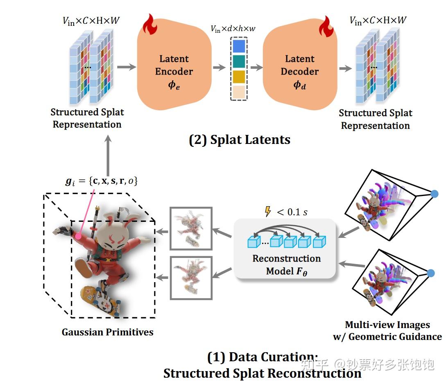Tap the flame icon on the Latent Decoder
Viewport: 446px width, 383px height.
(x=326, y=27)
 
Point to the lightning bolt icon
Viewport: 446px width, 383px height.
(x=268, y=212)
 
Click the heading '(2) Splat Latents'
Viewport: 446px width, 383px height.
(x=240, y=140)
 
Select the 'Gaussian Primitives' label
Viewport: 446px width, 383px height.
(x=107, y=332)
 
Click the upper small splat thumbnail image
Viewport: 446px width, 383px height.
(x=191, y=228)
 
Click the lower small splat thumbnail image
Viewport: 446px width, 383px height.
(x=191, y=277)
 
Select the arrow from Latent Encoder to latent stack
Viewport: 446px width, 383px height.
(x=219, y=67)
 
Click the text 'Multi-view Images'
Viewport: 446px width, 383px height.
(x=387, y=325)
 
